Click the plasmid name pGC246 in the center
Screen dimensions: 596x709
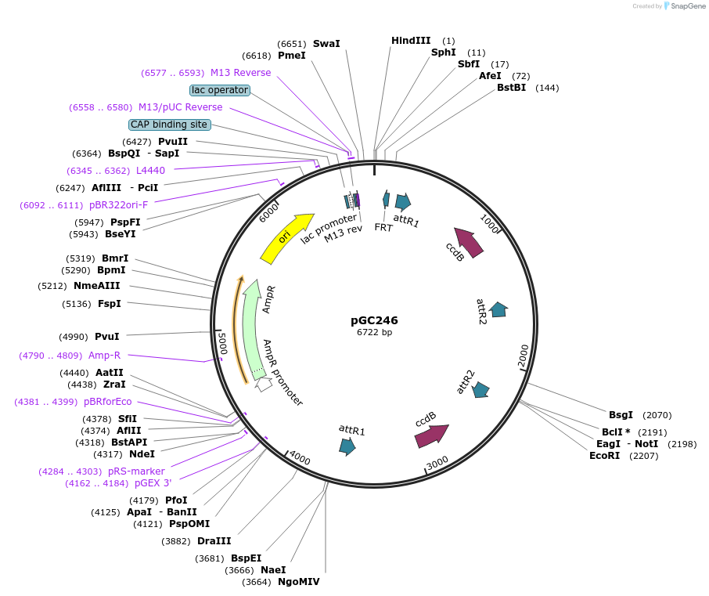[374, 320]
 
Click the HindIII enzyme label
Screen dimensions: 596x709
[411, 41]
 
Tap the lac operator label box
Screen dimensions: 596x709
[220, 90]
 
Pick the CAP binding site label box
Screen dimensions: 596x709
[169, 125]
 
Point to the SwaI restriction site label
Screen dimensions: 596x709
[326, 44]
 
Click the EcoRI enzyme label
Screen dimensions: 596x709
[604, 455]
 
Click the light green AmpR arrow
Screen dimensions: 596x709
[250, 329]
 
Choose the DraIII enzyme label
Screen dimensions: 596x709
[214, 541]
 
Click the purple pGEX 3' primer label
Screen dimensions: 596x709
[153, 483]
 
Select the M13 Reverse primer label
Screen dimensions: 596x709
[240, 73]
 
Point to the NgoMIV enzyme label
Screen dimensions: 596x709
[298, 582]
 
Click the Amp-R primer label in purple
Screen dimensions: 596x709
[104, 356]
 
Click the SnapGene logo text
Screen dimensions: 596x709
[684, 6]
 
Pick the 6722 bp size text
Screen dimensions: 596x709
[374, 333]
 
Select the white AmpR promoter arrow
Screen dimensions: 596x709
[264, 384]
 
